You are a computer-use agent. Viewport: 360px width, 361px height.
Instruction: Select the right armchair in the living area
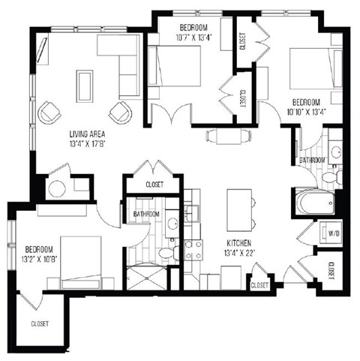[118, 113]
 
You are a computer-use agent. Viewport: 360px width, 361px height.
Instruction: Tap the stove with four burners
[193, 249]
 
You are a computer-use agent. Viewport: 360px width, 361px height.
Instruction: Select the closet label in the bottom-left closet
[40, 324]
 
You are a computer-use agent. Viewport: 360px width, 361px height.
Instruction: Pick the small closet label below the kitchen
[260, 285]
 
